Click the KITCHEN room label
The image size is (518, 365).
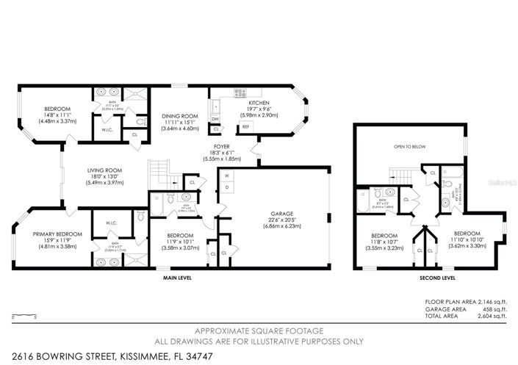pos(259,103)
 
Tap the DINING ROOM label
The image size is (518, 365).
pos(179,115)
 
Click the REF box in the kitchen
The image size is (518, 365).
pos(245,126)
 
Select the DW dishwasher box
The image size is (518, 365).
pos(215,118)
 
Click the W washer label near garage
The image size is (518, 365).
pos(226,176)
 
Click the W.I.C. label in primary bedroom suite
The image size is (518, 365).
pos(102,223)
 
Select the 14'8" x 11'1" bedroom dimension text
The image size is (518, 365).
pos(38,115)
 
